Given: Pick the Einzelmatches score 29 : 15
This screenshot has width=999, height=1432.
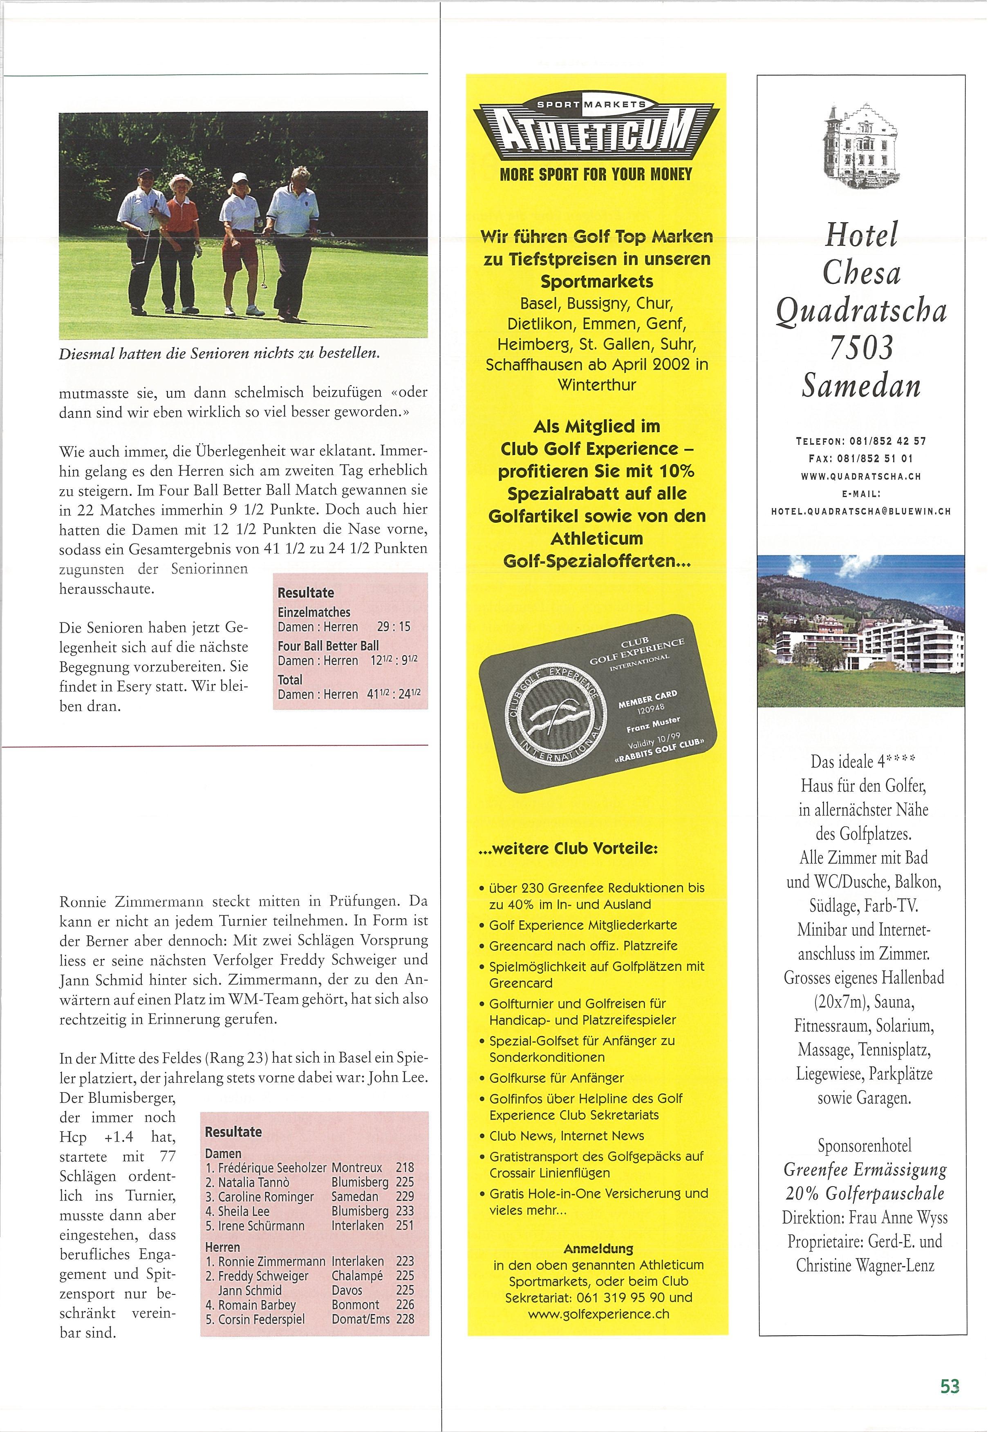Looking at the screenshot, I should pyautogui.click(x=394, y=627).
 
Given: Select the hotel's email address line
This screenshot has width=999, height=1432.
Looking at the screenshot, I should pyautogui.click(x=861, y=511).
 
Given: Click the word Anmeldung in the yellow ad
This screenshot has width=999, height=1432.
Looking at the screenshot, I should pyautogui.click(x=598, y=1249).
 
